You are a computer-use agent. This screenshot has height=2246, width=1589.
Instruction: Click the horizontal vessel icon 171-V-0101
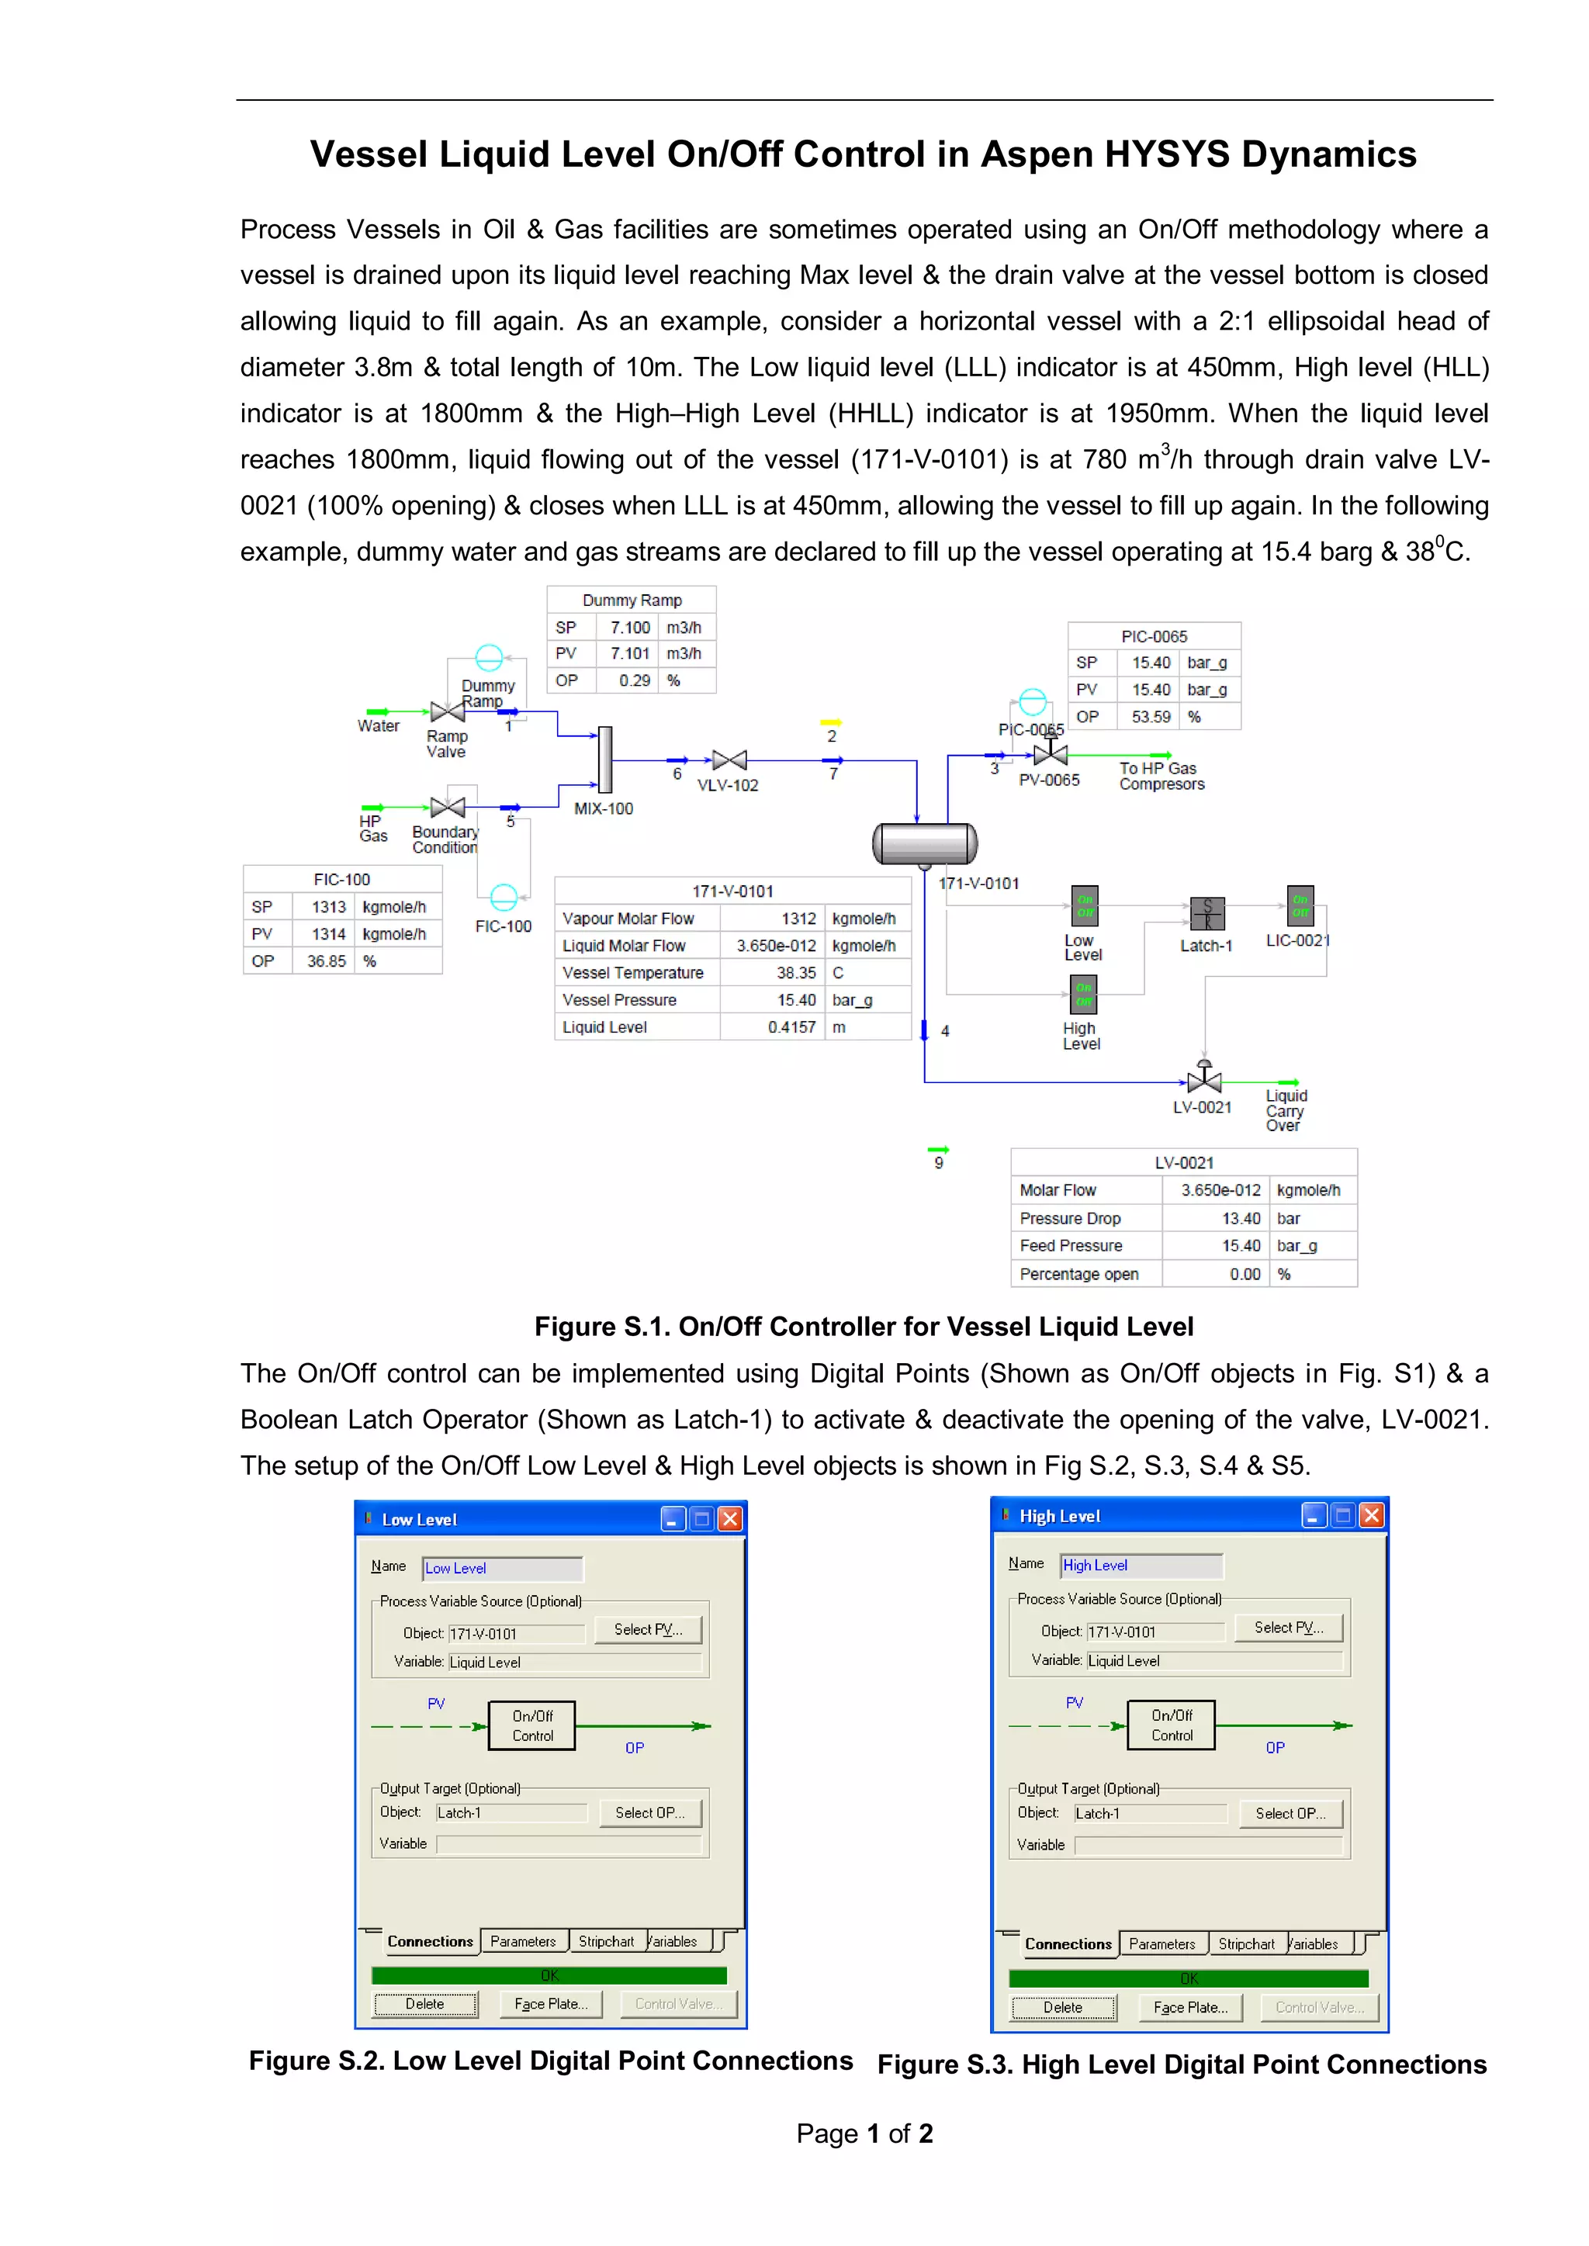[925, 843]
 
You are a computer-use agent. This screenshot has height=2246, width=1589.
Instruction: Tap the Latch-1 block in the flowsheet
[1206, 914]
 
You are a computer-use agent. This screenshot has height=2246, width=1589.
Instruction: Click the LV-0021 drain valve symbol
[1203, 1080]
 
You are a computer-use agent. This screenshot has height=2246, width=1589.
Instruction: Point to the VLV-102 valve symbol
[729, 760]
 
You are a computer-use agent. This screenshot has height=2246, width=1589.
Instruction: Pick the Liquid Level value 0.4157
[791, 1027]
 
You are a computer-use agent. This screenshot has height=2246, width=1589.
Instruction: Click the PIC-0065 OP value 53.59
[1151, 717]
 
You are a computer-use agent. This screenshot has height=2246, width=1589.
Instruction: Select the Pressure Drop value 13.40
[1240, 1218]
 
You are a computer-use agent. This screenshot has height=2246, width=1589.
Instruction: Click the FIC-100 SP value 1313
[329, 907]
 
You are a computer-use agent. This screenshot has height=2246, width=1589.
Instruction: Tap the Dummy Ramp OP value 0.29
[634, 681]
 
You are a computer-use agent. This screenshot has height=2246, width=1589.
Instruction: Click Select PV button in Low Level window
[648, 1630]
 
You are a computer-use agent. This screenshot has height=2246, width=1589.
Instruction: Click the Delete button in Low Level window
[424, 2005]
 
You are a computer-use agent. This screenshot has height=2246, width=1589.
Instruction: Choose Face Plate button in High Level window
[1189, 2007]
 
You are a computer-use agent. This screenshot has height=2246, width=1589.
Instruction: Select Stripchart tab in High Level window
[1245, 1945]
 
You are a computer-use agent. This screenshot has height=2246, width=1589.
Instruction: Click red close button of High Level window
[1372, 1515]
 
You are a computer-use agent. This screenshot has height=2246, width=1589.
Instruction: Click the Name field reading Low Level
[502, 1568]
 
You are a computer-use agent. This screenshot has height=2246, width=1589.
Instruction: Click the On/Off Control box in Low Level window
[532, 1725]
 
